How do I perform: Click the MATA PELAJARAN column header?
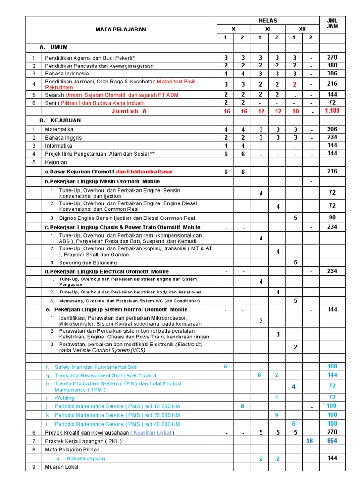coord(121,29)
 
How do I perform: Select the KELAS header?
coord(268,20)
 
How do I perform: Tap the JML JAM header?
coord(332,24)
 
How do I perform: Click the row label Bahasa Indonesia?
coord(67,74)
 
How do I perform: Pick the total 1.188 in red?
coord(332,111)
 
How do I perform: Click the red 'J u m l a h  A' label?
coord(129,111)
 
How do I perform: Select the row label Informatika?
coord(59,146)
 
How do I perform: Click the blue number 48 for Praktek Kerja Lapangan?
coord(309,441)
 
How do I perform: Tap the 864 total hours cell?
coord(332,441)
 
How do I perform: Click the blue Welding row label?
coord(64,398)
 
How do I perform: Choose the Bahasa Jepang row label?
coord(86,458)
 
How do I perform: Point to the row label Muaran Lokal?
coord(61,467)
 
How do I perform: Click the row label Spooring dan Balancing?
coord(88,263)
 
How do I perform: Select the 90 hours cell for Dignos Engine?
coord(332,217)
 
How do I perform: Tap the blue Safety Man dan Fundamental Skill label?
coord(96,367)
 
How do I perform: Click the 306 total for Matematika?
coord(332,129)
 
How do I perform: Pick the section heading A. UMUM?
coord(54,48)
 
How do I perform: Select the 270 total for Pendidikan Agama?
coord(332,58)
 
